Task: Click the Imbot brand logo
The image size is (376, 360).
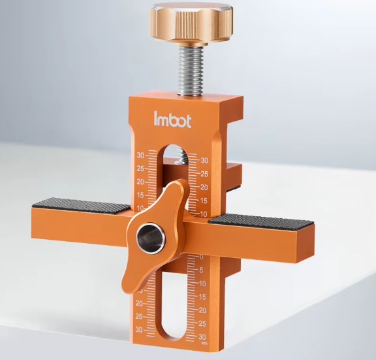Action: pos(172,120)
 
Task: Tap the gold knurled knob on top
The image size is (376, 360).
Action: pos(191,24)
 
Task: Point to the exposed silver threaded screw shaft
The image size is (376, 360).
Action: pos(191,71)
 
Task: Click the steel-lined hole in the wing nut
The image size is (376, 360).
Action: pos(150,238)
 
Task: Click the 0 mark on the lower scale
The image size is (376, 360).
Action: pos(201,257)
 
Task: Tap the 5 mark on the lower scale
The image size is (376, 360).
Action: pos(201,270)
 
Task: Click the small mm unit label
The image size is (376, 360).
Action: pos(204,344)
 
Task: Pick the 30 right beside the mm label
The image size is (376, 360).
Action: pos(202,337)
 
